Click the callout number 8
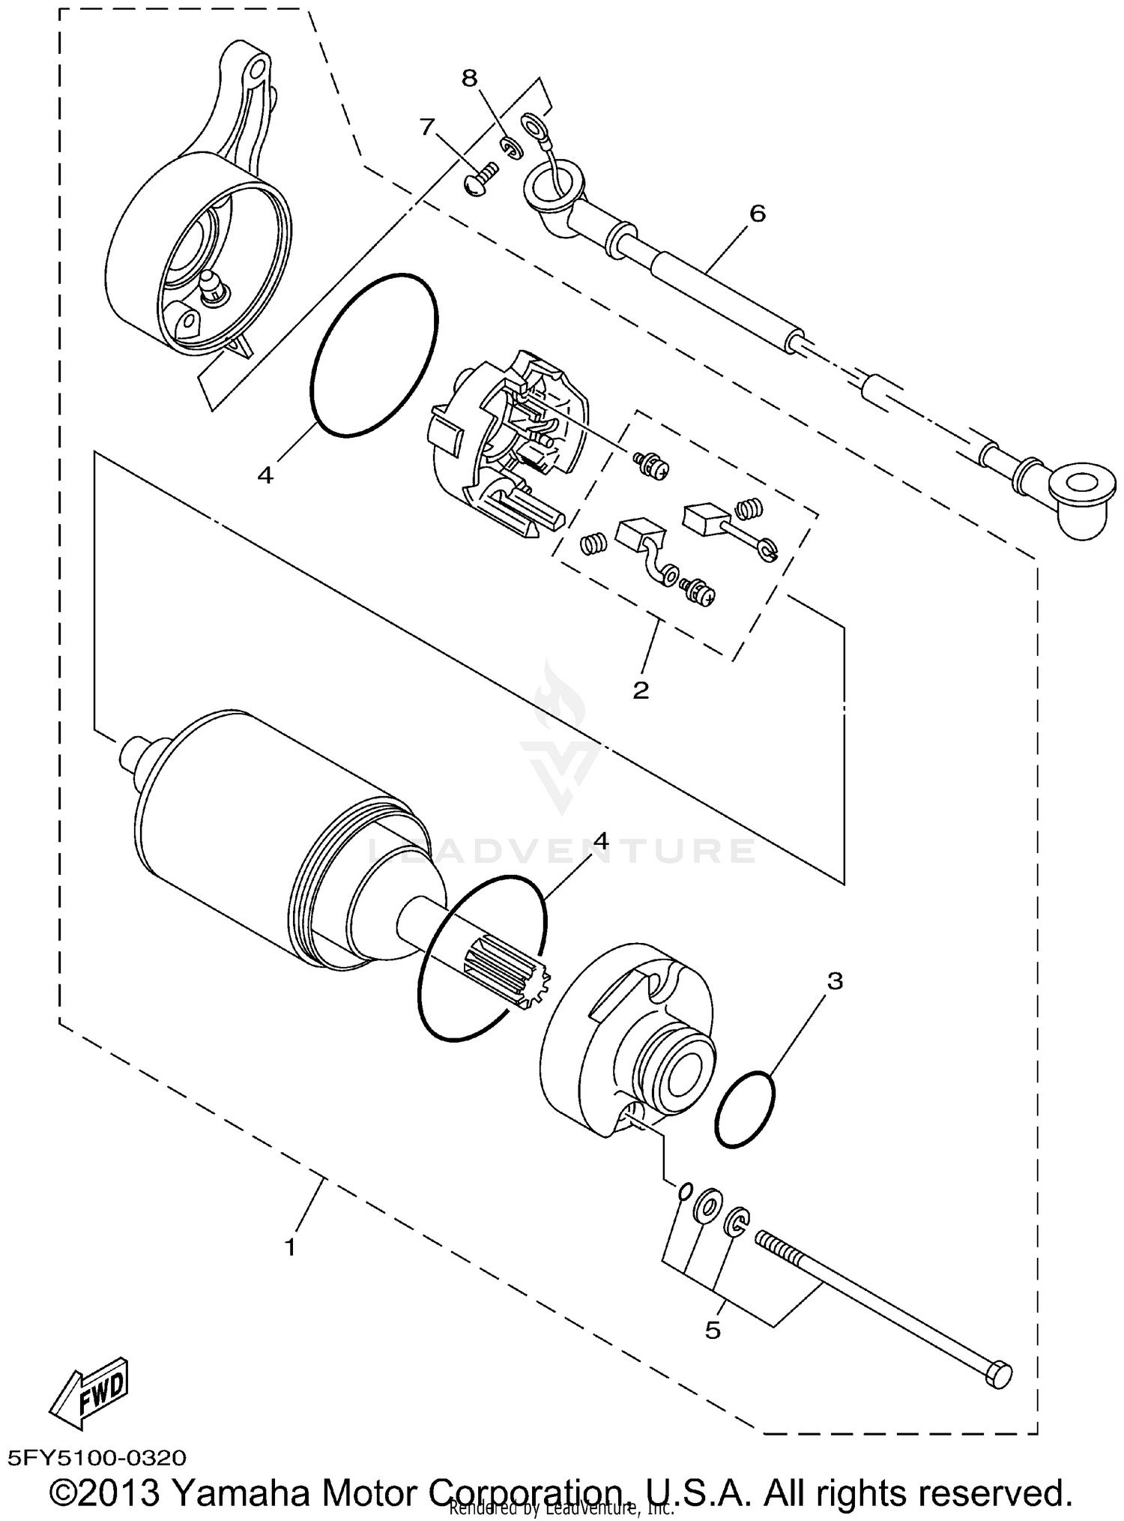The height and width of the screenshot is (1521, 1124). (x=468, y=79)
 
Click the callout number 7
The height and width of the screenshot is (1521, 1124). (x=427, y=127)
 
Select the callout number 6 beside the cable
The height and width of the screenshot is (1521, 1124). (x=758, y=214)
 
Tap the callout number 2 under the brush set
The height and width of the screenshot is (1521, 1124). (x=641, y=690)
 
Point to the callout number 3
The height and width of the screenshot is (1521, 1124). (x=835, y=981)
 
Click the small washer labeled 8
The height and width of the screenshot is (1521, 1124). (x=510, y=148)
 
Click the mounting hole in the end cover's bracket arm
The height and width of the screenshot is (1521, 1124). (x=257, y=70)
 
